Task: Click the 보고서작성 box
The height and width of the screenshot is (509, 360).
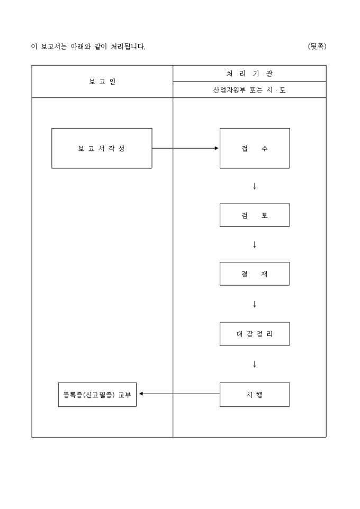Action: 102,148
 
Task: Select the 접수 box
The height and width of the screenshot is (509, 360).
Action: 255,148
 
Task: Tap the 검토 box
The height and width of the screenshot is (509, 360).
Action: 255,215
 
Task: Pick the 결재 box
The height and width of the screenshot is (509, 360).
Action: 255,274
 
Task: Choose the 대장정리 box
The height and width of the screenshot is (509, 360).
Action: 255,334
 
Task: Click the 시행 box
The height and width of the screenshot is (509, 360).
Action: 255,394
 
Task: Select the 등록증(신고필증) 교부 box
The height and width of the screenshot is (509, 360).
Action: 97,394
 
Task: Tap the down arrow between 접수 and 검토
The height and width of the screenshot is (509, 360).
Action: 255,186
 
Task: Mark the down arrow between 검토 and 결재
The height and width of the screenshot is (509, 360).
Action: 255,244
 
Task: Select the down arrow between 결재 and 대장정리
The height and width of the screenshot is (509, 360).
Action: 255,304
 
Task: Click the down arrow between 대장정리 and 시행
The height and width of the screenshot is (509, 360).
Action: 255,364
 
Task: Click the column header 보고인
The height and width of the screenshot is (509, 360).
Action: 102,81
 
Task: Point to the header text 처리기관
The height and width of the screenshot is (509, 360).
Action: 249,74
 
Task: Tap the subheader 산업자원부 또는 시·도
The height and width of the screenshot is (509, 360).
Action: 249,90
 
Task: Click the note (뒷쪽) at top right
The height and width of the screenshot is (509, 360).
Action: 317,47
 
